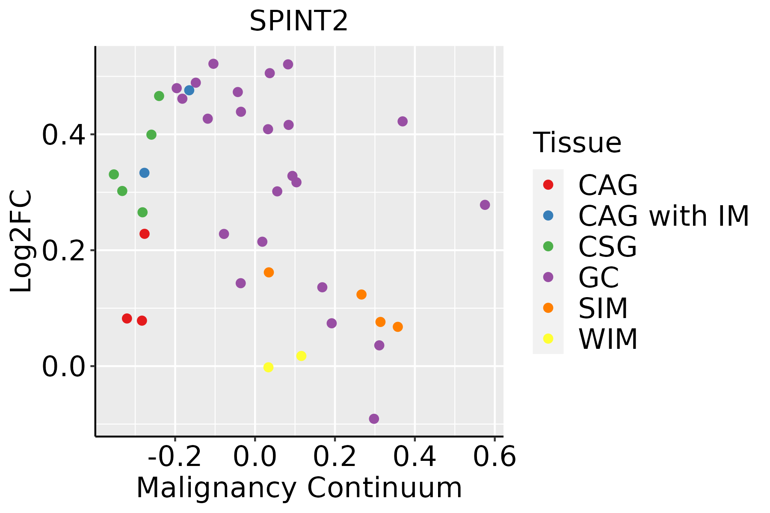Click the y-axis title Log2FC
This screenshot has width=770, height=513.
21,241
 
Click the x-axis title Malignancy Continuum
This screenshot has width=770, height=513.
299,488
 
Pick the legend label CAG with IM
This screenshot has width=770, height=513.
663,216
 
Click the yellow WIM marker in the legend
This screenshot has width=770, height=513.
548,339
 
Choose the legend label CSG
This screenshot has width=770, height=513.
607,247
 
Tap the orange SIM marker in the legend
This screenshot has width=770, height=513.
548,308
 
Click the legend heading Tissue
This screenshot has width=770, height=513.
577,143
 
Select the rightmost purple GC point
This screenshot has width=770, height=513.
485,205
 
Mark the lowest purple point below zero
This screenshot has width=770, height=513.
374,419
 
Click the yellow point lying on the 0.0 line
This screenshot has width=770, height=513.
268,367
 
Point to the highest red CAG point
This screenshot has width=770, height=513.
145,234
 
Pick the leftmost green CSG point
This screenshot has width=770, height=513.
114,174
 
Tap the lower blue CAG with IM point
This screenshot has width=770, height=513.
145,173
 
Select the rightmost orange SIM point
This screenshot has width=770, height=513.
398,327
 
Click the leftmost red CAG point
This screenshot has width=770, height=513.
127,318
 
